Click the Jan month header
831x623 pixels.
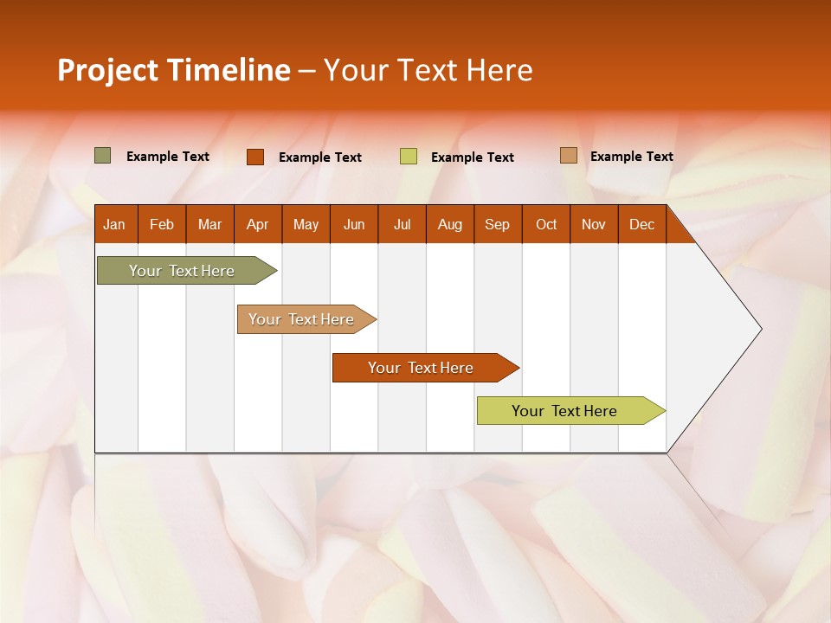tap(114, 225)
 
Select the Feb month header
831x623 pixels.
tap(162, 225)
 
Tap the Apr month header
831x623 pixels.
tap(257, 225)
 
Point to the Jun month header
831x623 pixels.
tap(354, 225)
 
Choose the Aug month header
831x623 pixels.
tap(449, 225)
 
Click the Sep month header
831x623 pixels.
tap(497, 225)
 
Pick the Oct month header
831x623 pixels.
tap(546, 225)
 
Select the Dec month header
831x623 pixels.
tap(641, 225)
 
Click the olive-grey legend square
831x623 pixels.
tap(103, 156)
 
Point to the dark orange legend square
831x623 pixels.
tap(254, 157)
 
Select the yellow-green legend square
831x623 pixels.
tap(409, 157)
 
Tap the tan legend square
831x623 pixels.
tap(568, 156)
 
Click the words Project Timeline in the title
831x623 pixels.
tap(173, 70)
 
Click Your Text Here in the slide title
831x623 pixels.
tap(428, 70)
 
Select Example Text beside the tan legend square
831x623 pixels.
tap(631, 157)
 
